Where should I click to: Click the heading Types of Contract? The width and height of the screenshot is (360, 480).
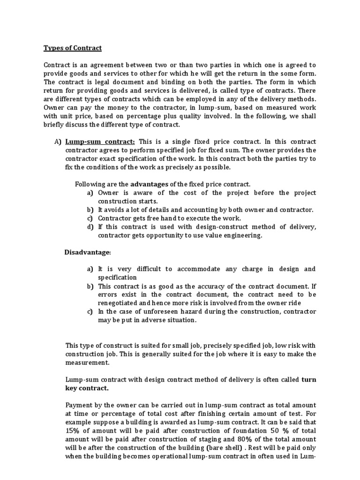pyautogui.click(x=73, y=48)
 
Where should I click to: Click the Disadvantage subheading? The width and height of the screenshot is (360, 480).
pyautogui.click(x=88, y=253)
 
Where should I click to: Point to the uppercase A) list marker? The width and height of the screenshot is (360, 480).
pyautogui.click(x=58, y=142)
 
